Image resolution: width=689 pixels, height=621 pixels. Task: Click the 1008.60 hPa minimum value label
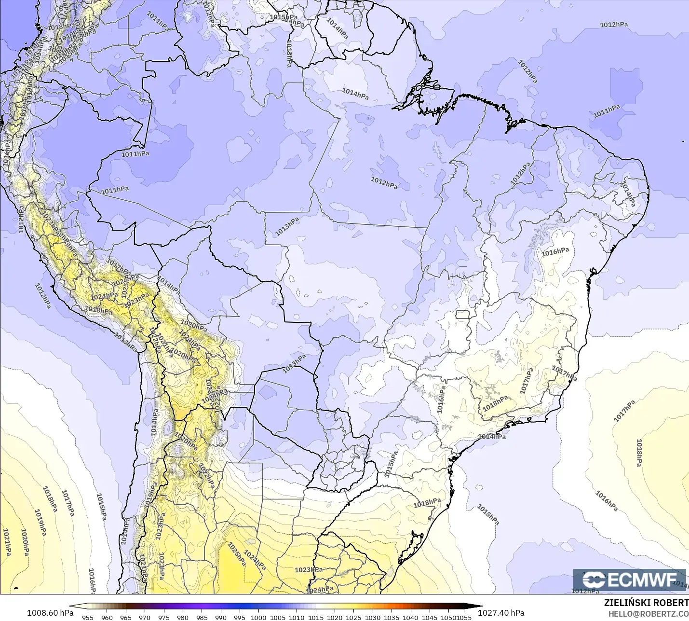click(50, 613)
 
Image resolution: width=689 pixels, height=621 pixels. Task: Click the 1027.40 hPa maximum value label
click(501, 613)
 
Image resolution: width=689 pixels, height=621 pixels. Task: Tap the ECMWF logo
click(629, 580)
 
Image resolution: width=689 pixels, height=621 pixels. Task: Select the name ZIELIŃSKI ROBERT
click(646, 603)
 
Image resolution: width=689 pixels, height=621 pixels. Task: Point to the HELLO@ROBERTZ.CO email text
click(648, 614)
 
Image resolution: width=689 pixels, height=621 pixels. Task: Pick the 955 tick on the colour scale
click(88, 617)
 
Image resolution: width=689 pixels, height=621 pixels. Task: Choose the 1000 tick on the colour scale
click(258, 617)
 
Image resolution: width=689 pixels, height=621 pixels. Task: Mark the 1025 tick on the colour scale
click(353, 617)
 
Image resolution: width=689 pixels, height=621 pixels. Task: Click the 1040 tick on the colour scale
click(410, 617)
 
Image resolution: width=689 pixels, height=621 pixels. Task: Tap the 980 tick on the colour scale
click(182, 617)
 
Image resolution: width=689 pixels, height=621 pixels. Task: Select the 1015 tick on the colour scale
click(315, 617)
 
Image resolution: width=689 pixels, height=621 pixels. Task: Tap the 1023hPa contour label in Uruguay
click(309, 570)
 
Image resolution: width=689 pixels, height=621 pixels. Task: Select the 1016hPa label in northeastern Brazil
click(555, 252)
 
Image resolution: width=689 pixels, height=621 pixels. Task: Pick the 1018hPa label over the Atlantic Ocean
click(639, 453)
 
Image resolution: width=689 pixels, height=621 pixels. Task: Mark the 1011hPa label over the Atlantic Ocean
click(607, 111)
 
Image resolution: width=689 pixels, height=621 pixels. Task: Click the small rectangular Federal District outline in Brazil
click(462, 315)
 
